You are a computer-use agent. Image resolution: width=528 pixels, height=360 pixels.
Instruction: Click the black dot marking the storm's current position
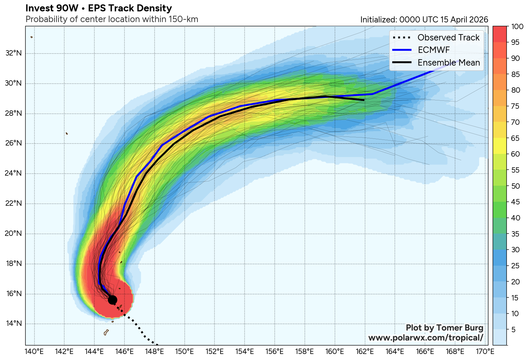pyautogui.click(x=112, y=300)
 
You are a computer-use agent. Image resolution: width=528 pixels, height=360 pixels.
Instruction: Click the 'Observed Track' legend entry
pyautogui.click(x=448, y=37)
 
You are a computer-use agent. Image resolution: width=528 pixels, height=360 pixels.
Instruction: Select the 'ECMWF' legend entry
pyautogui.click(x=434, y=50)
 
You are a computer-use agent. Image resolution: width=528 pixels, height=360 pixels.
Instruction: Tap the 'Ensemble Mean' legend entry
pyautogui.click(x=448, y=63)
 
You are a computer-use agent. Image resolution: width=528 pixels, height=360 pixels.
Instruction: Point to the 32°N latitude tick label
pyautogui.click(x=13, y=53)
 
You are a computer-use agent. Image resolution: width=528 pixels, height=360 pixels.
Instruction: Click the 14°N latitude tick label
pyautogui.click(x=13, y=324)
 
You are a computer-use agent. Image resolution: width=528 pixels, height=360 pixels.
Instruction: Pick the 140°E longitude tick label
pyautogui.click(x=34, y=352)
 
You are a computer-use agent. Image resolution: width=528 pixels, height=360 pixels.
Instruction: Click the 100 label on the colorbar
pyautogui.click(x=517, y=26)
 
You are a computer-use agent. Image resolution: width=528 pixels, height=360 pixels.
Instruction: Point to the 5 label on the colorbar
pyautogui.click(x=514, y=330)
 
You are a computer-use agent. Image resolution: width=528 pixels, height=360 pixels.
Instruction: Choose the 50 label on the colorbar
pyautogui.click(x=515, y=186)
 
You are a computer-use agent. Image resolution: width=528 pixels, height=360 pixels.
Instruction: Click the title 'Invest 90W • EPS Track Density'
pyautogui.click(x=99, y=8)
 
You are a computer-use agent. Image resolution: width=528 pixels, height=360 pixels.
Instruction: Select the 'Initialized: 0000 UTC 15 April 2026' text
pyautogui.click(x=424, y=20)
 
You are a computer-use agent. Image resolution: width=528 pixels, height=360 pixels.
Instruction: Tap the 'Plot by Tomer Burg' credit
pyautogui.click(x=444, y=328)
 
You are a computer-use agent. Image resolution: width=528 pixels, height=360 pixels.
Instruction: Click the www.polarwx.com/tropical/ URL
pyautogui.click(x=426, y=338)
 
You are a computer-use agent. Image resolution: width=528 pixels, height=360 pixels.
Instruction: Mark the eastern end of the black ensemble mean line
pyautogui.click(x=364, y=100)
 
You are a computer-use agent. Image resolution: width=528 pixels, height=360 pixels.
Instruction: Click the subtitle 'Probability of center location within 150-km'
pyautogui.click(x=112, y=19)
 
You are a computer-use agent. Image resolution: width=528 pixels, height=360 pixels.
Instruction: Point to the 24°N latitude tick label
pyautogui.click(x=13, y=173)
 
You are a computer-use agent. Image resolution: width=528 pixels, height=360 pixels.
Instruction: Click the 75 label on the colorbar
pyautogui.click(x=515, y=106)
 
